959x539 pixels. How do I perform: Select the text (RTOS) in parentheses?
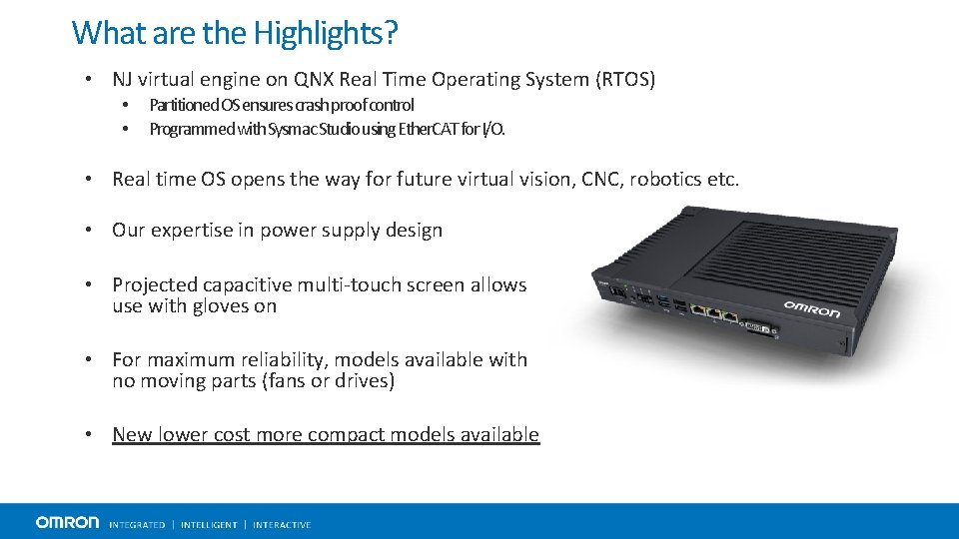tap(621, 80)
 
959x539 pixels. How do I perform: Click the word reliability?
tap(276, 359)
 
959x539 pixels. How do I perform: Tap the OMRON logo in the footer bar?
tap(67, 522)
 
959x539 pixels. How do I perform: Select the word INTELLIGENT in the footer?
tap(209, 525)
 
